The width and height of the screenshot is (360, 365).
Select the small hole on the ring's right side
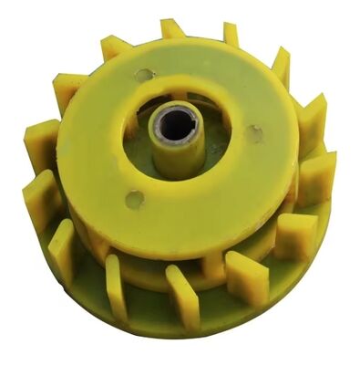click(256, 134)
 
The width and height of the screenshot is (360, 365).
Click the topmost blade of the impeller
click(172, 28)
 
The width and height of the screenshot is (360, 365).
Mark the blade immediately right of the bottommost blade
click(246, 276)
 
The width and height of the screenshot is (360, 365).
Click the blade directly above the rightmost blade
click(312, 123)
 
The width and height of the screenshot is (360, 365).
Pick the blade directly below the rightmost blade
click(296, 235)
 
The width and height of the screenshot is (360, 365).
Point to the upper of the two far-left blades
click(41, 146)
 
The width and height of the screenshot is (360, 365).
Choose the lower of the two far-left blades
click(42, 196)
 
